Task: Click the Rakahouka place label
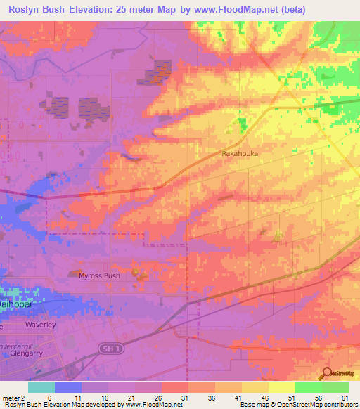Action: pyautogui.click(x=239, y=153)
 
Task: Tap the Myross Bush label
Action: pyautogui.click(x=99, y=275)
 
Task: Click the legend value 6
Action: pyautogui.click(x=49, y=397)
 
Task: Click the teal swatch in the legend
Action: pyautogui.click(x=41, y=387)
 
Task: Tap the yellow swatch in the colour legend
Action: pyautogui.click(x=281, y=387)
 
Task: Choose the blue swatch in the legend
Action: pyautogui.click(x=67, y=387)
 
